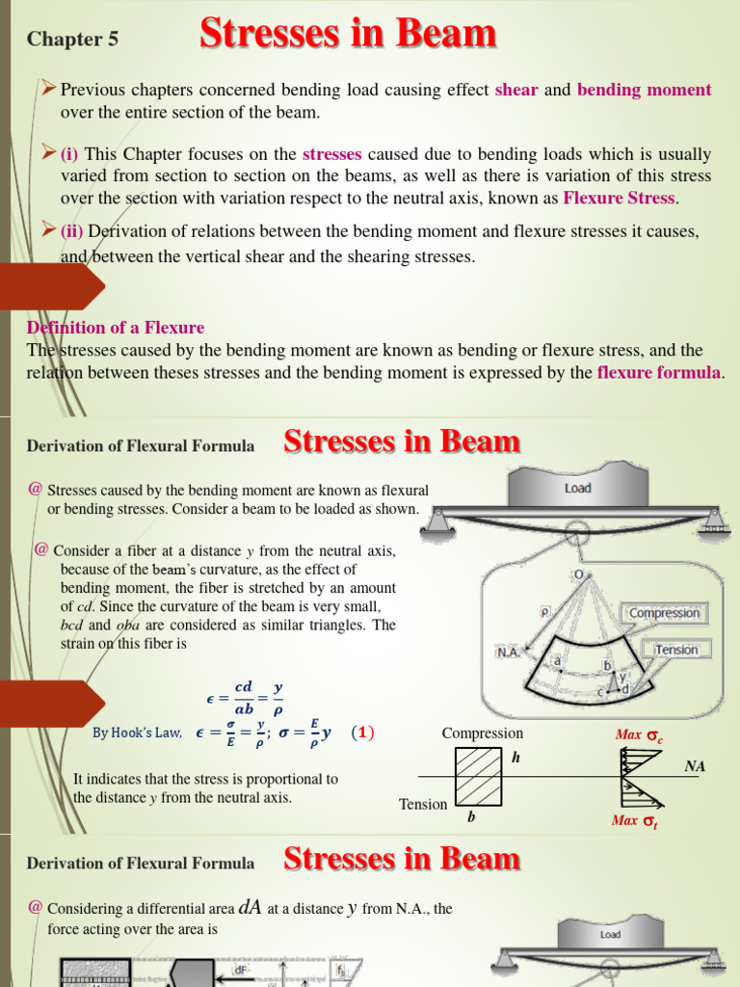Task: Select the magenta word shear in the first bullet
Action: coord(517,91)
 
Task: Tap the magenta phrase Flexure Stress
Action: coord(620,199)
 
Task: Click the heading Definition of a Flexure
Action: coord(116,328)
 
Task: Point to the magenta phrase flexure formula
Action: coord(658,373)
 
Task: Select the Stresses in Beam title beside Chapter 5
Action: coord(348,35)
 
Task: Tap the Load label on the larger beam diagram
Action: coord(578,488)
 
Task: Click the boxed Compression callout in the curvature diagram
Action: coord(664,613)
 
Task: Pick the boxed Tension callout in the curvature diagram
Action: coord(676,650)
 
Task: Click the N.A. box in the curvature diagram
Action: coord(509,652)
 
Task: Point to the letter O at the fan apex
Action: coord(578,574)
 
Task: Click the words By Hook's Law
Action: coord(137,734)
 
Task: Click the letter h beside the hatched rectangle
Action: coord(515,758)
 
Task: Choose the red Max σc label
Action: coord(639,735)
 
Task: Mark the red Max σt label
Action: coord(637,820)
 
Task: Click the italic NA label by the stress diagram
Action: coord(695,766)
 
